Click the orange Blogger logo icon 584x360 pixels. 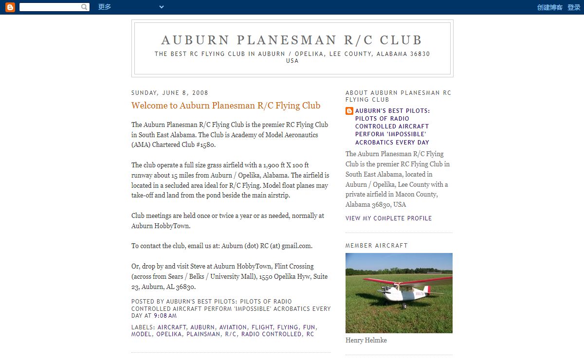(10, 7)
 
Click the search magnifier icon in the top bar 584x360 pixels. (84, 7)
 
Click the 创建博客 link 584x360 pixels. (549, 7)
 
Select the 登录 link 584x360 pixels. (574, 7)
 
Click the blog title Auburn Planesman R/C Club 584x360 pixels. (292, 40)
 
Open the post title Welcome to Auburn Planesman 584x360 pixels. (226, 106)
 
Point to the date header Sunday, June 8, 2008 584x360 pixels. (170, 93)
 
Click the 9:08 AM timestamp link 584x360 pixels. (165, 316)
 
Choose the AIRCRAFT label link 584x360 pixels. (172, 327)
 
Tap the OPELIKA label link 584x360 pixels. (169, 334)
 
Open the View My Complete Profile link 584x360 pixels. (388, 218)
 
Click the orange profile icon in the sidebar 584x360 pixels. (349, 111)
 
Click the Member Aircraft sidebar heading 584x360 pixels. (377, 246)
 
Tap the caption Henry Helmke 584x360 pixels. (366, 341)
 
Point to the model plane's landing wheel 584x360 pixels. (403, 306)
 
